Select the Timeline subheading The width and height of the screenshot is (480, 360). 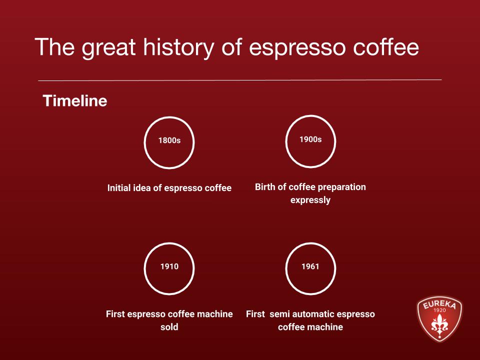(x=75, y=101)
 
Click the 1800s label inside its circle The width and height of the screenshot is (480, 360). (x=169, y=140)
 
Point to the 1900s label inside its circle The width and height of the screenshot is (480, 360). (x=310, y=139)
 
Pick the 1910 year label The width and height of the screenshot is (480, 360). (x=169, y=266)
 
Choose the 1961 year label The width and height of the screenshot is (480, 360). (x=310, y=266)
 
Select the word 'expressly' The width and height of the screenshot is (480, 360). (x=310, y=200)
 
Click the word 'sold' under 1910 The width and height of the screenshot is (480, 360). (x=169, y=327)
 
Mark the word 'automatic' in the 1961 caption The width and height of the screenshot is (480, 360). (x=313, y=314)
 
